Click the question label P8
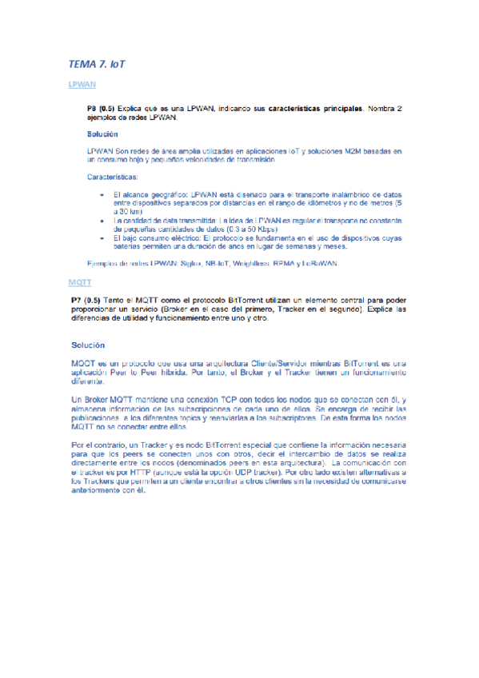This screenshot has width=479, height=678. (93, 107)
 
